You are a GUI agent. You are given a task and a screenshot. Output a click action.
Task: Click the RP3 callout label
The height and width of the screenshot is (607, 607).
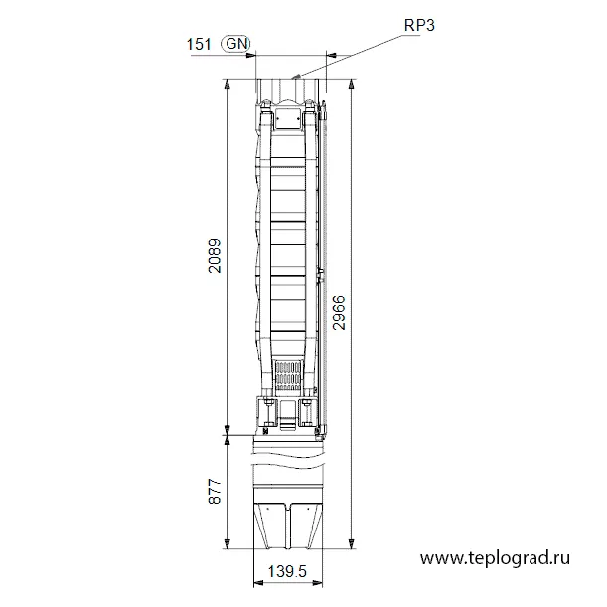(419, 25)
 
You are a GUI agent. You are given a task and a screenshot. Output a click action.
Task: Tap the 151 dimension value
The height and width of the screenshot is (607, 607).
(199, 44)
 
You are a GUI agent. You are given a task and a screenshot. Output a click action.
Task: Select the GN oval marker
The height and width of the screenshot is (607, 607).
(235, 44)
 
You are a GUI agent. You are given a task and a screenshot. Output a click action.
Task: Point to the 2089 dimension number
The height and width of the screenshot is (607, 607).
(214, 256)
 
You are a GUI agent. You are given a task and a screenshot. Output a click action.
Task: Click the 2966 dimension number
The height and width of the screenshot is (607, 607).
(339, 312)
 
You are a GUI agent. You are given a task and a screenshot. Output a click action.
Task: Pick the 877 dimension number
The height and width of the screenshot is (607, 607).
(214, 491)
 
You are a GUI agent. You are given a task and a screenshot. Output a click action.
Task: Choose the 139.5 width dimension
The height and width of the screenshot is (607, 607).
(287, 571)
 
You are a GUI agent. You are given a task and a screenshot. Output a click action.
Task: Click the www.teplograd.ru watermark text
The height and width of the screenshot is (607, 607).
(495, 558)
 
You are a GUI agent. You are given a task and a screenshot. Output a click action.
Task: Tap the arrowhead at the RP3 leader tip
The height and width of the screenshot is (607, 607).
(296, 76)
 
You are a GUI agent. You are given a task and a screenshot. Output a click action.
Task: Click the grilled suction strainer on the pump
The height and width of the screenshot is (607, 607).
(288, 376)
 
